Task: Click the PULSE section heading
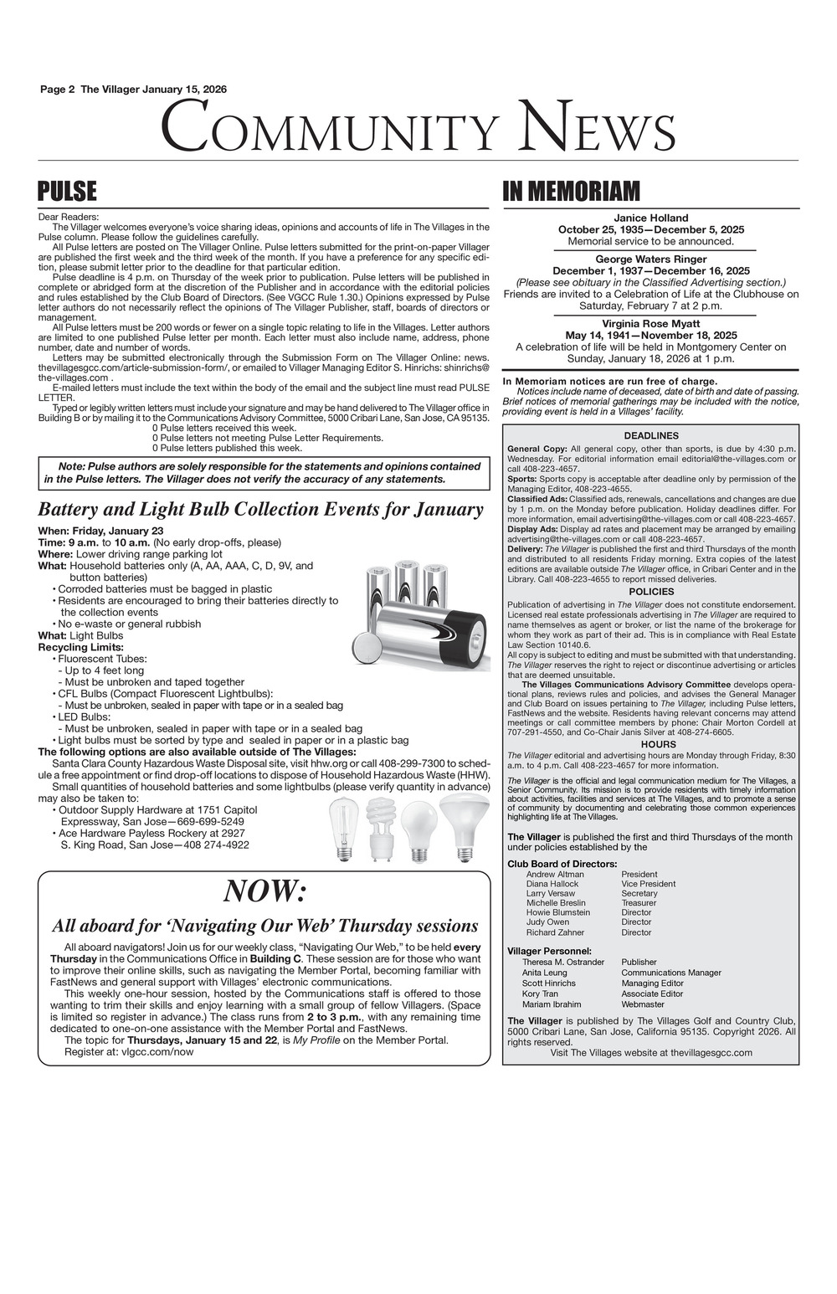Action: (x=68, y=192)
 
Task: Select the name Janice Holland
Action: (x=650, y=218)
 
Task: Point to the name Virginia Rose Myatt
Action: (x=650, y=323)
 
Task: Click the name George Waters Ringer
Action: (x=650, y=259)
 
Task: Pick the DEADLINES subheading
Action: (x=650, y=435)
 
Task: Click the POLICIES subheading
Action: (x=650, y=592)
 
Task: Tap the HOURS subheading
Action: (x=650, y=744)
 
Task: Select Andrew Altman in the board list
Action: (x=555, y=874)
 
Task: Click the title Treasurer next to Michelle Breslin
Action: (x=639, y=903)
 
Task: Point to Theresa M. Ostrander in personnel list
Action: (x=563, y=962)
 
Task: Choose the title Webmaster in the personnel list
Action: (x=643, y=1004)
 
